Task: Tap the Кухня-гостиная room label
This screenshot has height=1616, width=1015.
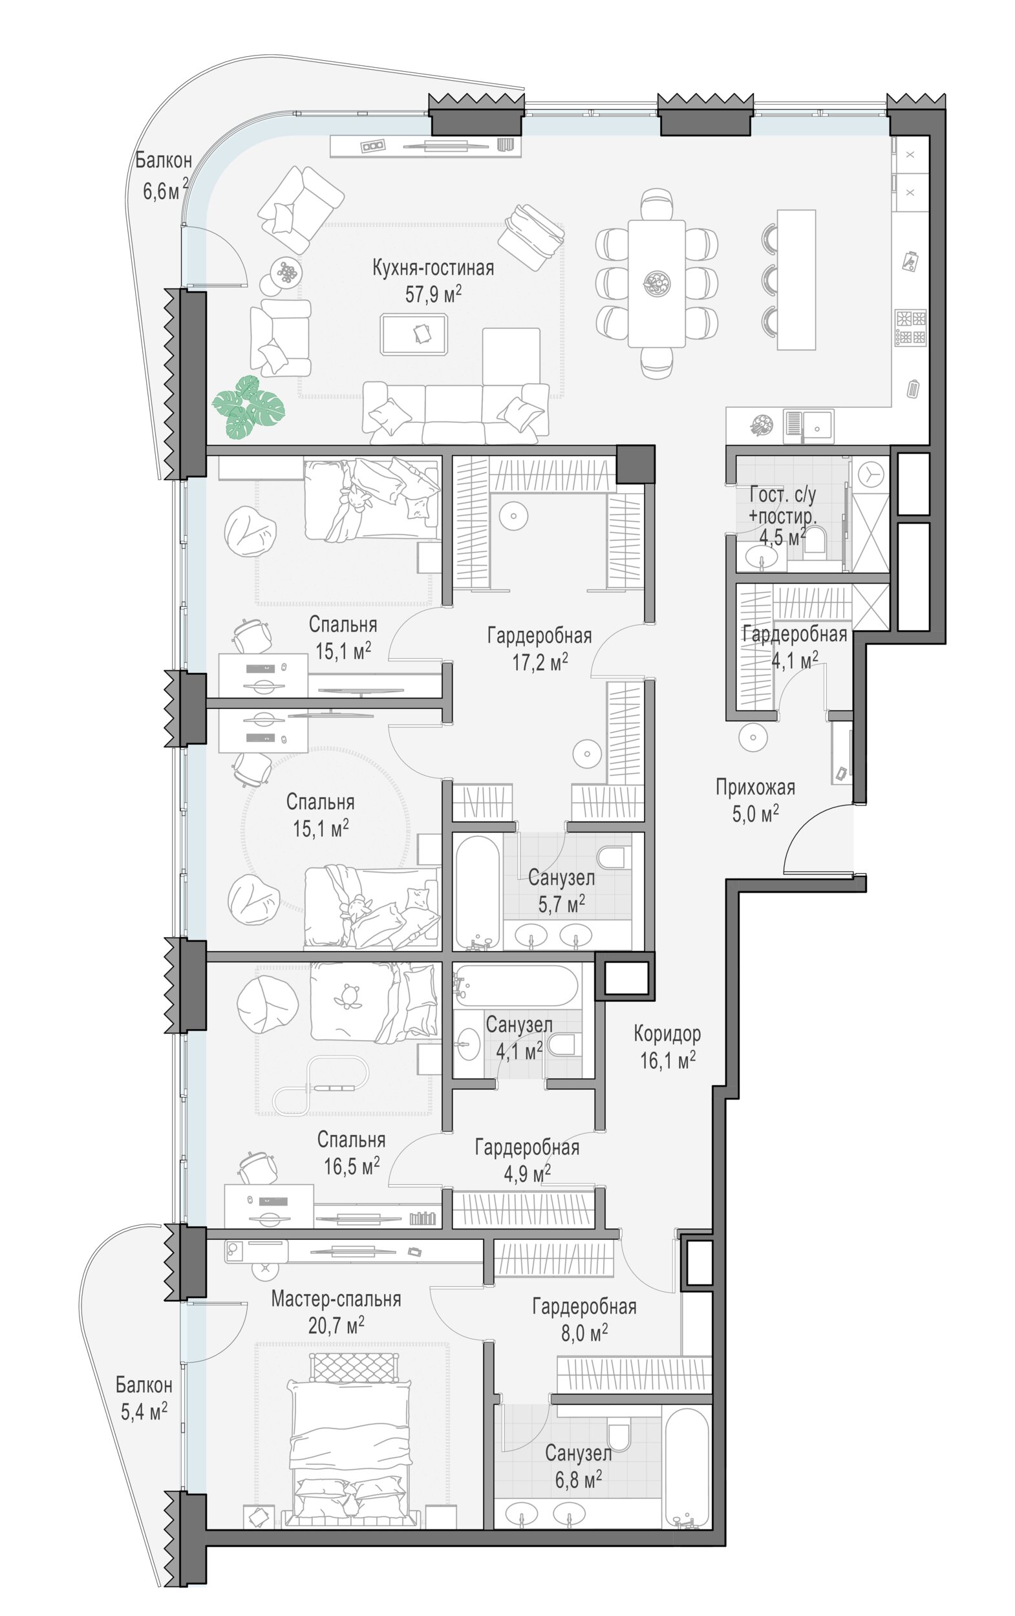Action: point(433,268)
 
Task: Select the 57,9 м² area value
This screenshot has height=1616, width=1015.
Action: point(433,294)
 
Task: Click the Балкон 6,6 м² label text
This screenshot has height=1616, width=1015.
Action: point(164,175)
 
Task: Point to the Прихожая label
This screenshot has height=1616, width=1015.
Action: point(755,787)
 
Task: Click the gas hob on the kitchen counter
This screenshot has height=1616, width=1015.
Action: point(910,328)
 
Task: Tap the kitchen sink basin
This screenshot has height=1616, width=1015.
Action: point(818,427)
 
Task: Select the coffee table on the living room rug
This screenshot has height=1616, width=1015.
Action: point(414,334)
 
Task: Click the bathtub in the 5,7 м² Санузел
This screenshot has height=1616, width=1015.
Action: point(477,891)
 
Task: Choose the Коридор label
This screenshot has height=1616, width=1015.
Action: point(667,1034)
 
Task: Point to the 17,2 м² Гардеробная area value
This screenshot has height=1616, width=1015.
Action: point(540,663)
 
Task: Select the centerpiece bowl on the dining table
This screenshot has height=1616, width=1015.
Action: point(656,282)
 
